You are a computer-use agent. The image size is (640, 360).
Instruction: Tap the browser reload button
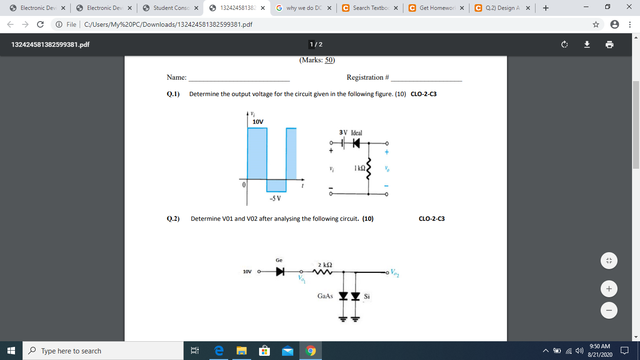(x=40, y=24)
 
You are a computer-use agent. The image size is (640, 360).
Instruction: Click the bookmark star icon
(x=596, y=24)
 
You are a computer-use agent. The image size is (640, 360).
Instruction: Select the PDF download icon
(x=587, y=45)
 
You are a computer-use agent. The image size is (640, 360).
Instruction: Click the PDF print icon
(x=609, y=45)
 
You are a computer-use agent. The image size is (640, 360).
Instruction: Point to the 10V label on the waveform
(x=258, y=122)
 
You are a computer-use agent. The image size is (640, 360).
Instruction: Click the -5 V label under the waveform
(x=275, y=198)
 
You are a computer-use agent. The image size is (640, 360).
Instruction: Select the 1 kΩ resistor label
(x=360, y=168)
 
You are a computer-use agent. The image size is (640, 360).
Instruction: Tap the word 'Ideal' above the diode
(x=357, y=133)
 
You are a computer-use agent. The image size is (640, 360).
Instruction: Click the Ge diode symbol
(x=280, y=271)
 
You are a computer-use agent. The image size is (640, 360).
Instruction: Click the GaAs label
(x=325, y=296)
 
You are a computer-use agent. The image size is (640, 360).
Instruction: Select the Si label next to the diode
(x=367, y=296)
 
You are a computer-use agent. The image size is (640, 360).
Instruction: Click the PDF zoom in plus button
(x=609, y=289)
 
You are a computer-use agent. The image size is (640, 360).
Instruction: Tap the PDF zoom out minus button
(x=609, y=310)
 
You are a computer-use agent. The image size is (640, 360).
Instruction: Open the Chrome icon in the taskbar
(x=310, y=351)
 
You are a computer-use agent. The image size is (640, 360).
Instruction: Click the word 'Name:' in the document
(x=177, y=78)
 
